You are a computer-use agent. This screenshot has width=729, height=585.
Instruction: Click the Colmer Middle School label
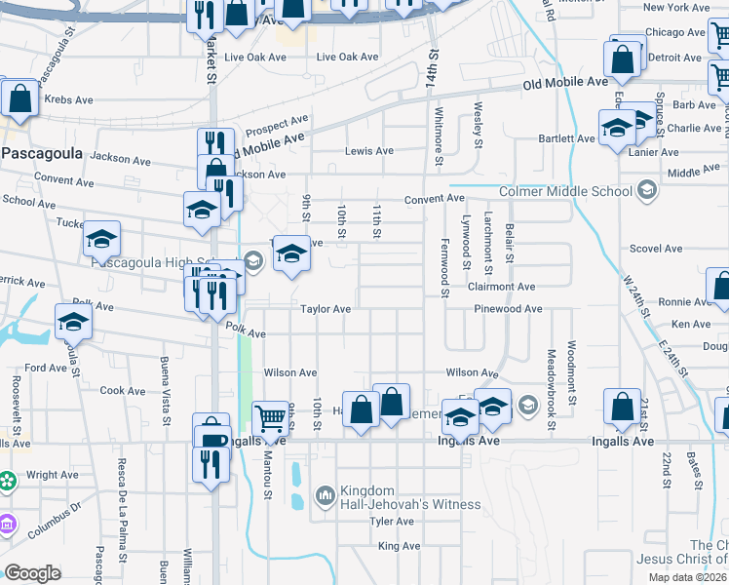[565, 191]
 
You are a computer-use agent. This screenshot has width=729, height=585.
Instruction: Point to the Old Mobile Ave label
[564, 85]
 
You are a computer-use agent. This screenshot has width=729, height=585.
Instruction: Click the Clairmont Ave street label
[502, 287]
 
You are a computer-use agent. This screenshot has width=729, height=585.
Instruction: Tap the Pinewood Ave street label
[507, 309]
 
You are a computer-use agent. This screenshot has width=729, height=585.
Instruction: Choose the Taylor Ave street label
[325, 309]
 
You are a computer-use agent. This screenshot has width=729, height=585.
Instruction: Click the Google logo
[32, 572]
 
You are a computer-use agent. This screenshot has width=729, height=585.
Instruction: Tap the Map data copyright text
[687, 577]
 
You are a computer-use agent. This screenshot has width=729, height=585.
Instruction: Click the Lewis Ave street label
[369, 151]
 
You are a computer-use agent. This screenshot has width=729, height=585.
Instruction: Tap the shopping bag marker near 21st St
[622, 409]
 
